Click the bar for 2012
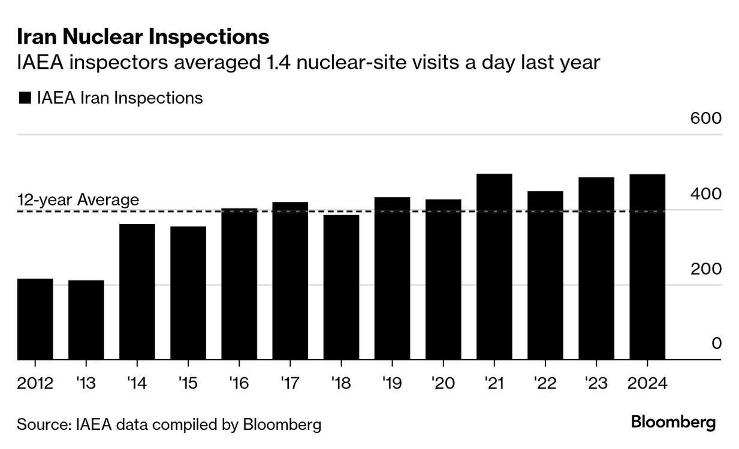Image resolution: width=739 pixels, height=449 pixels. pyautogui.click(x=35, y=319)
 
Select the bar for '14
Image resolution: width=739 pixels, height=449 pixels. pyautogui.click(x=137, y=292)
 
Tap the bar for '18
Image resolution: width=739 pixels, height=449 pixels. pyautogui.click(x=341, y=287)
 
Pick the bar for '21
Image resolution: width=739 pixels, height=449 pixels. pyautogui.click(x=494, y=266)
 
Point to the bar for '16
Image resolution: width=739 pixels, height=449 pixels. pyautogui.click(x=239, y=284)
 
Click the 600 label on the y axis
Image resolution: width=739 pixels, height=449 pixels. pyautogui.click(x=705, y=119)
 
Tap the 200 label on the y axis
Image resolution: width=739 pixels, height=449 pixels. pyautogui.click(x=705, y=269)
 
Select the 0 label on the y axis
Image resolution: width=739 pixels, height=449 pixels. pyautogui.click(x=716, y=344)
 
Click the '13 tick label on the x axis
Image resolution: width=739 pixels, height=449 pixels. pyautogui.click(x=86, y=383)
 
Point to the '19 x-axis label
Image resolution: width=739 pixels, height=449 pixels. pyautogui.click(x=392, y=383)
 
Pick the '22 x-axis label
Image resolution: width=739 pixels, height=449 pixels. pyautogui.click(x=545, y=383)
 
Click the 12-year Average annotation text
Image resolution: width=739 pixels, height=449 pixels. pyautogui.click(x=78, y=199)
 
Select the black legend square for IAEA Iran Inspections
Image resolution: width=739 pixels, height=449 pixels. pyautogui.click(x=25, y=98)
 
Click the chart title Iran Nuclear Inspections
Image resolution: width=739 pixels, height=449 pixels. pyautogui.click(x=143, y=37)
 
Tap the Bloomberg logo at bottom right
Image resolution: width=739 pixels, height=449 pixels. pyautogui.click(x=673, y=423)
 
